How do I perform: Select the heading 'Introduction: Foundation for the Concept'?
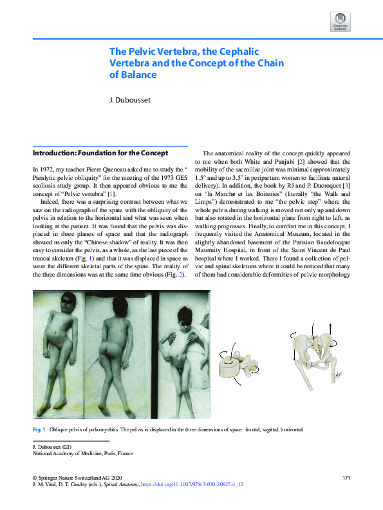pos(100,153)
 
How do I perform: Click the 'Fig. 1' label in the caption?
pos(38,429)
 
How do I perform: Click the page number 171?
pos(346,478)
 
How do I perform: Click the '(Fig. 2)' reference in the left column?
pos(175,275)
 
